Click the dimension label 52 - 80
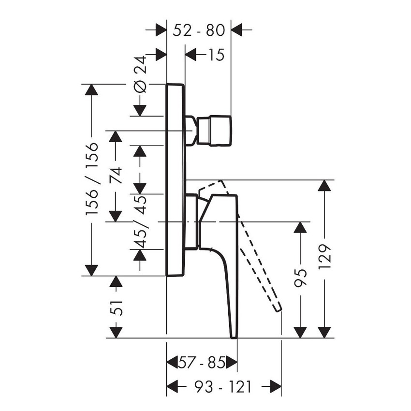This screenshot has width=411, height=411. coord(199,30)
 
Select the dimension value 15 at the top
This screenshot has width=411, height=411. coord(217,55)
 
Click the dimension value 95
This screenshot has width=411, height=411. coord(301,279)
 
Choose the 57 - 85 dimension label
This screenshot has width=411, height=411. coord(202,363)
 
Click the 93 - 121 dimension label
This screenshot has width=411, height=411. coord(224,386)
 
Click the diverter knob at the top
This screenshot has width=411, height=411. coord(214,130)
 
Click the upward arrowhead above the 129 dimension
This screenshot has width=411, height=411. coord(325,186)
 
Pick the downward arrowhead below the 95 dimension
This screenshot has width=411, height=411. coord(301,332)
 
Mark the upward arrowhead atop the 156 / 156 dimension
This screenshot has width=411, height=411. coord(92,90)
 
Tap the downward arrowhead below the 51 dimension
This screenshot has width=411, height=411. coord(115,332)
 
